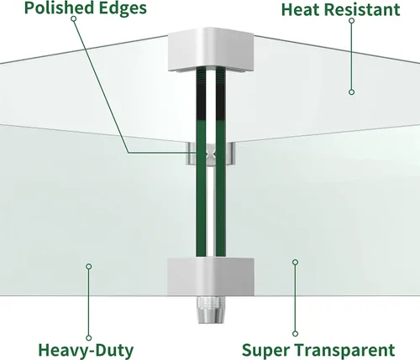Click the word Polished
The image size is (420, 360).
coord(59,8)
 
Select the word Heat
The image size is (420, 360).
coord(301,10)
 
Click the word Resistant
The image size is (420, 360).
coord(362,10)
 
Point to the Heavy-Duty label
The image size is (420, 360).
coord(86,350)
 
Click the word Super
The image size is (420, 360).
coord(266,351)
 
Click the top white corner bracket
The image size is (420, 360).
coord(211,50)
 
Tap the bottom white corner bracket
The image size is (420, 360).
coord(211,277)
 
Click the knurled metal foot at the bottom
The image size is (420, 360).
coord(211,310)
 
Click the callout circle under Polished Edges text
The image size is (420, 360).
coord(74,18)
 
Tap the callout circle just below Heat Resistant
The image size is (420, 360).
coord(352,20)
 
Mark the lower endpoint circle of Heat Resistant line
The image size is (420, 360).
coord(352,92)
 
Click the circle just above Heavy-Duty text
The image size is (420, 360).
coord(89,338)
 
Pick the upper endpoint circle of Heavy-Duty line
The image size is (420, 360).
coord(89,267)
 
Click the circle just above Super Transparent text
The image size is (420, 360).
coord(295,334)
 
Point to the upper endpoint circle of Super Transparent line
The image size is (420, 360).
coord(295,262)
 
